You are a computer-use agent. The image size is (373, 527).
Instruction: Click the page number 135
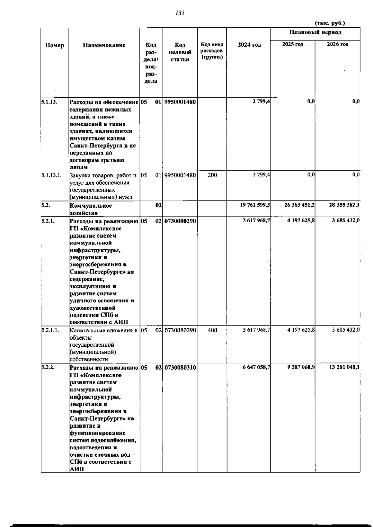[180, 13]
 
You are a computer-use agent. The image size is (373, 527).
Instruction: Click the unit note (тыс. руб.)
[330, 23]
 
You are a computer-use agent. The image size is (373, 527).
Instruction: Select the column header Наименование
[104, 45]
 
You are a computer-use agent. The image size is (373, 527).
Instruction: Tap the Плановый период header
[315, 32]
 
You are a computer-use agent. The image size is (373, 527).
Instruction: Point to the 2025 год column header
[292, 44]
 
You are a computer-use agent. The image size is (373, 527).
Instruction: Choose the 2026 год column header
[338, 44]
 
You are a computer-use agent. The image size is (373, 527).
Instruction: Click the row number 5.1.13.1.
[51, 175]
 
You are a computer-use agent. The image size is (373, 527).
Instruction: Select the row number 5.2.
[45, 205]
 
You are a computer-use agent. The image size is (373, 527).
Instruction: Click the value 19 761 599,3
[254, 205]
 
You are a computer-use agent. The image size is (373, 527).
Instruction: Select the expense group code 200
[212, 175]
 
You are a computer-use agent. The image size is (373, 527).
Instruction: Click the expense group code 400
[212, 330]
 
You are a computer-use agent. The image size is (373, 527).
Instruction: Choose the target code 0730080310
[180, 368]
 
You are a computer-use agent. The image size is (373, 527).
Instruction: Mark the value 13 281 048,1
[344, 367]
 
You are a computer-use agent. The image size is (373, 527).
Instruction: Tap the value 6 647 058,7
[256, 367]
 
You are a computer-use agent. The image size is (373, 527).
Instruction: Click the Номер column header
[55, 45]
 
